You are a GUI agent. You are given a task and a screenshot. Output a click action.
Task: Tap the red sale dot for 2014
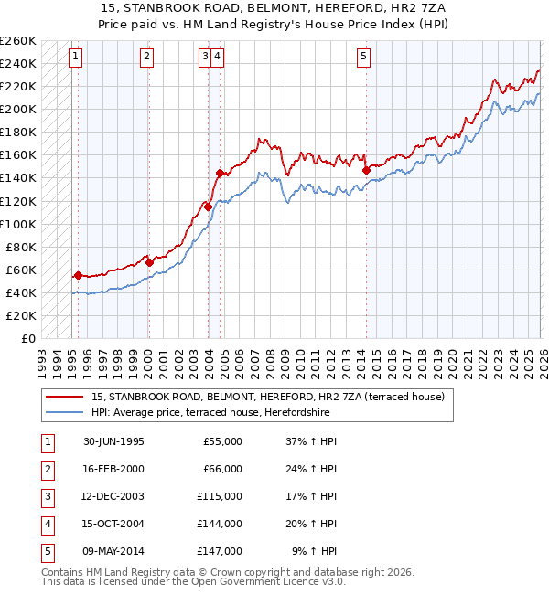pyautogui.click(x=366, y=169)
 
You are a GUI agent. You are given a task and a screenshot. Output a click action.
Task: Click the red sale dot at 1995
pyautogui.click(x=78, y=275)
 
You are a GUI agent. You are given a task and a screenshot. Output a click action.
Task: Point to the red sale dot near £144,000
pyautogui.click(x=220, y=173)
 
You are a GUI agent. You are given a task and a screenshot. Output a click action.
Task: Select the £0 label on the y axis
pyautogui.click(x=27, y=338)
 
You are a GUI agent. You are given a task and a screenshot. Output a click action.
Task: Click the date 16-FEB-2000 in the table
pyautogui.click(x=113, y=469)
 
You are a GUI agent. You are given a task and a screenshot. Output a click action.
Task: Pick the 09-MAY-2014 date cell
pyautogui.click(x=113, y=552)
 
